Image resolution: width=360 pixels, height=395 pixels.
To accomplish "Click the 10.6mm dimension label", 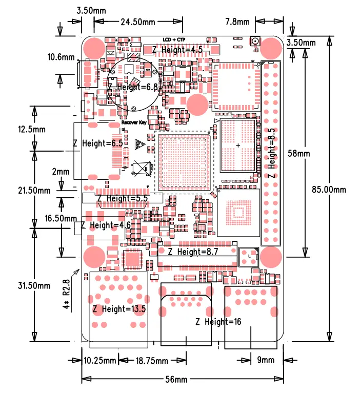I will (x=61, y=57).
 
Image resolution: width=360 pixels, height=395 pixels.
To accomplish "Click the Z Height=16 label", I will (x=218, y=322).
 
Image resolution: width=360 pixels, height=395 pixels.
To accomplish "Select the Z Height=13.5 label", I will (x=119, y=309).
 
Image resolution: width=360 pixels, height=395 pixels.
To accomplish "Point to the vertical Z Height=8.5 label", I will (x=272, y=153).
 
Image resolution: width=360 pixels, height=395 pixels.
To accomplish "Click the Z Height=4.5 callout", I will (x=178, y=49).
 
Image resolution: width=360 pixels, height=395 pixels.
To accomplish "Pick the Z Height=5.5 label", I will (x=122, y=198).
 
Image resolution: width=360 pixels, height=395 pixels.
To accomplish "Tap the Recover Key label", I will (x=134, y=123).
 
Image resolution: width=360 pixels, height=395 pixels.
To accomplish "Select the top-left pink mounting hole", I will (x=93, y=48).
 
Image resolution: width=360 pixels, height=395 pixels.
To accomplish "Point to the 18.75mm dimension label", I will (x=152, y=361).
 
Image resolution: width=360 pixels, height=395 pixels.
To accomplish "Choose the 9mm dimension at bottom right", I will (x=266, y=360).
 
